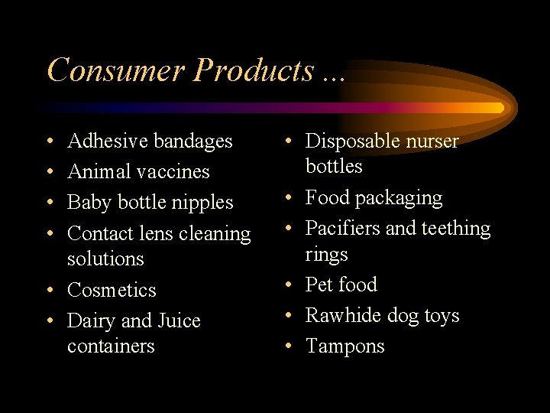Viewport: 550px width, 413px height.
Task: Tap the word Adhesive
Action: (107, 141)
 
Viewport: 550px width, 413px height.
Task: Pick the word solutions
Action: (105, 259)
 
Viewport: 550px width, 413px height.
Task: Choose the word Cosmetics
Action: (112, 290)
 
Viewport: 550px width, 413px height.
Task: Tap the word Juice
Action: (177, 320)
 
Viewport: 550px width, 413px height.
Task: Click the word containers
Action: (111, 346)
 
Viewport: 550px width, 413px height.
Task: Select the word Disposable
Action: (353, 141)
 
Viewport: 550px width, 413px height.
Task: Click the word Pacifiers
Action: (346, 228)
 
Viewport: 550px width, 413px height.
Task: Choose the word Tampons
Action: (345, 346)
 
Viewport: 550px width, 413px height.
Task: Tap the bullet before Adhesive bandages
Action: (50, 142)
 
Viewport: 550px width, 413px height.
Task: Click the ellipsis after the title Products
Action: (334, 77)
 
